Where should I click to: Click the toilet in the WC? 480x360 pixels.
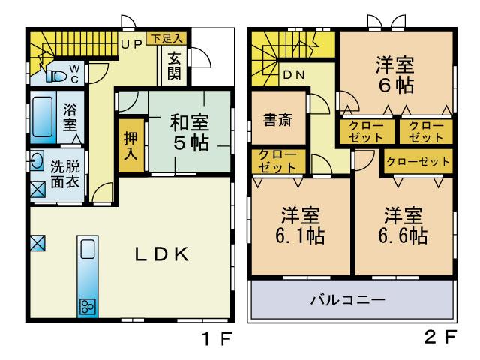[57, 75]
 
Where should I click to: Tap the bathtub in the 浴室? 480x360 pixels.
[43, 116]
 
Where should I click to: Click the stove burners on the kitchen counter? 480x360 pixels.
[86, 306]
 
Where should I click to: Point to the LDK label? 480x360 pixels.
[160, 255]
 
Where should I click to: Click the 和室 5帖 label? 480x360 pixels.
[188, 132]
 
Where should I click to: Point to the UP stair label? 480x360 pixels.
[131, 44]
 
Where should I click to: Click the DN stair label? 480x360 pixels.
[292, 75]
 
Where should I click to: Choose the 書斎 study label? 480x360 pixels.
[278, 119]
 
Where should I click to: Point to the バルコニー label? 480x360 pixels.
[348, 300]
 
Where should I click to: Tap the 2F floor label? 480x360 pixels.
[439, 338]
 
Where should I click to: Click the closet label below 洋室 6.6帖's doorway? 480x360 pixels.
[418, 161]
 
